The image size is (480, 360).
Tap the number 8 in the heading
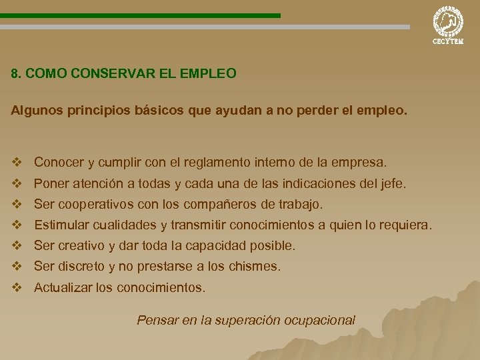tap(15, 73)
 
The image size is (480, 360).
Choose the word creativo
tap(82, 245)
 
